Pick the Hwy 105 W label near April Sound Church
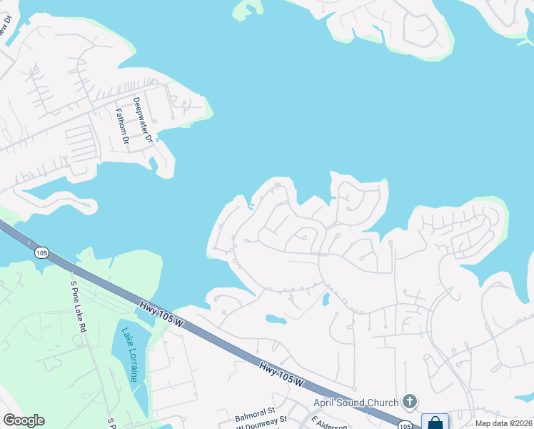tap(283, 375)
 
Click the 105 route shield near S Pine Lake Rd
tap(41, 252)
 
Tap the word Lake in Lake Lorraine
tap(126, 335)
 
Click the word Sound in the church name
tap(353, 403)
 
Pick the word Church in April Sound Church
tap(384, 403)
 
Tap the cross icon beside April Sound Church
tap(410, 401)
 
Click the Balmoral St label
tap(255, 413)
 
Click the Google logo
tap(24, 420)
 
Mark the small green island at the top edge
tap(248, 9)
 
